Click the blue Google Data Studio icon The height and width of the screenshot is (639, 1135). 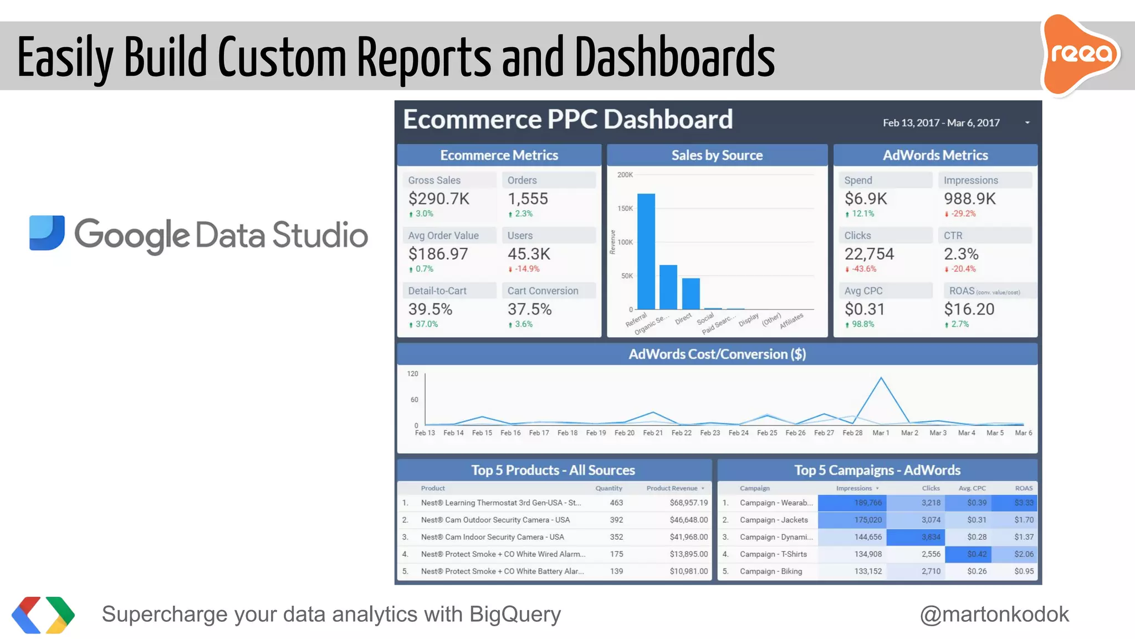[x=47, y=232]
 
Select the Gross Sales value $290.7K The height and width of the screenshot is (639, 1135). [x=438, y=199]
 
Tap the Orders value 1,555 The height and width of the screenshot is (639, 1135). [x=528, y=199]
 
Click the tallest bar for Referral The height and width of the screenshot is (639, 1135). [x=646, y=251]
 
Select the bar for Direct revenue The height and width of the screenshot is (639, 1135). [x=691, y=293]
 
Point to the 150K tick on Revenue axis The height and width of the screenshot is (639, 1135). [x=625, y=209]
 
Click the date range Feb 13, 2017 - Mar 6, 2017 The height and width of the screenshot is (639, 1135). [x=941, y=123]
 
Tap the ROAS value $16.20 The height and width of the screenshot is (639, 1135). [x=969, y=310]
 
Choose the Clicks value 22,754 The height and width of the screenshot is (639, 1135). [x=869, y=254]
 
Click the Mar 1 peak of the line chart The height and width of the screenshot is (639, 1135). [x=881, y=378]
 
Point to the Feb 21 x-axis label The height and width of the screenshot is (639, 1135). [x=653, y=433]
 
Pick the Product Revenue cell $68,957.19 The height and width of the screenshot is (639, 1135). [x=688, y=503]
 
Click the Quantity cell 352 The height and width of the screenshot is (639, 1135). [x=616, y=537]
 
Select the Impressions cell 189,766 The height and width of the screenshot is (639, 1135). [x=867, y=503]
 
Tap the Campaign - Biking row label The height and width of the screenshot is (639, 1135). [x=770, y=571]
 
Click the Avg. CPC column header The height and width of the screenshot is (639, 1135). [x=972, y=488]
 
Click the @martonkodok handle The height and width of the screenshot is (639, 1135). [x=994, y=615]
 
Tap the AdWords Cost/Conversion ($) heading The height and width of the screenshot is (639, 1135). [x=717, y=354]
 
